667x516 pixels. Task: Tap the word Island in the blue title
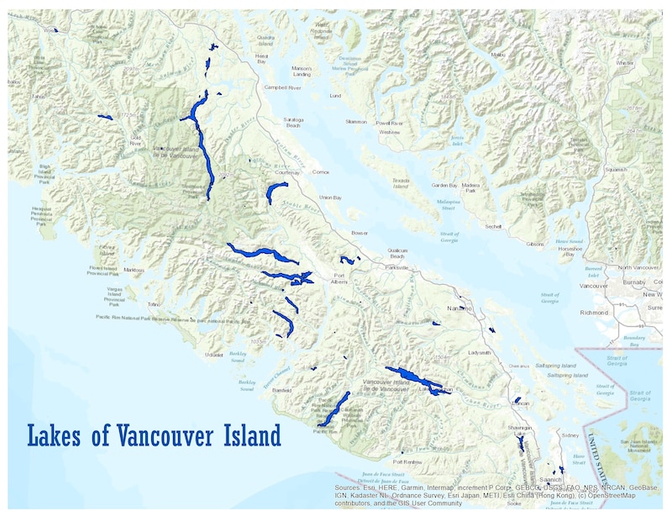[x=238, y=437]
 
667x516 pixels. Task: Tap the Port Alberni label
[x=339, y=280]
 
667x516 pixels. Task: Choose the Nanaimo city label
[x=459, y=308]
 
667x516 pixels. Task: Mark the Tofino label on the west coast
[x=154, y=304]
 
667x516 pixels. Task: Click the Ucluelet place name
[x=216, y=354]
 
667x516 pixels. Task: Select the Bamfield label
[x=281, y=390]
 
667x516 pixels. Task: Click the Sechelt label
[x=493, y=226]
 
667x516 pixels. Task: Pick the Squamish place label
[x=616, y=169]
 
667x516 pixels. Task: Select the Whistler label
[x=624, y=62]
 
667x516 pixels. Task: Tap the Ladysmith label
[x=480, y=352]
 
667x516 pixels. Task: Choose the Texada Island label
[x=400, y=183]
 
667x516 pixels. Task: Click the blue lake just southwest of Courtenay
[x=274, y=192]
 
